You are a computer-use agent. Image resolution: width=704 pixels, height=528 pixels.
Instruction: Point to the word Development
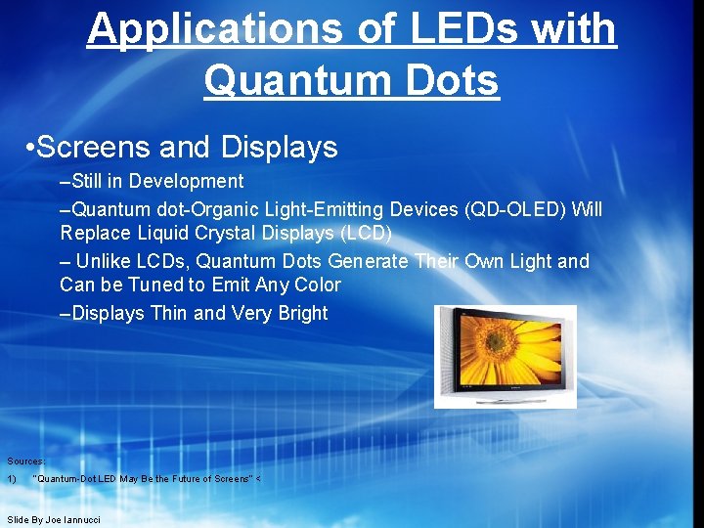tap(187, 181)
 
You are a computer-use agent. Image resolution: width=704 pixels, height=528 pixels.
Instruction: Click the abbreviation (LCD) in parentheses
tap(361, 233)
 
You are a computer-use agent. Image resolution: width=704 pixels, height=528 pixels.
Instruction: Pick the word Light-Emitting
tap(328, 209)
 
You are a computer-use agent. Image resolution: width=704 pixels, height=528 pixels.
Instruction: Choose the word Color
tap(315, 285)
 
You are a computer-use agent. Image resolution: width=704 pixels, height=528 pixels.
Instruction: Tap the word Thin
tap(168, 313)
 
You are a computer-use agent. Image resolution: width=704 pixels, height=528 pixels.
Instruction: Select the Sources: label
tap(26, 461)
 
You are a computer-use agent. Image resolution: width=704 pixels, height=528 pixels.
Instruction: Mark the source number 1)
tap(11, 479)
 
